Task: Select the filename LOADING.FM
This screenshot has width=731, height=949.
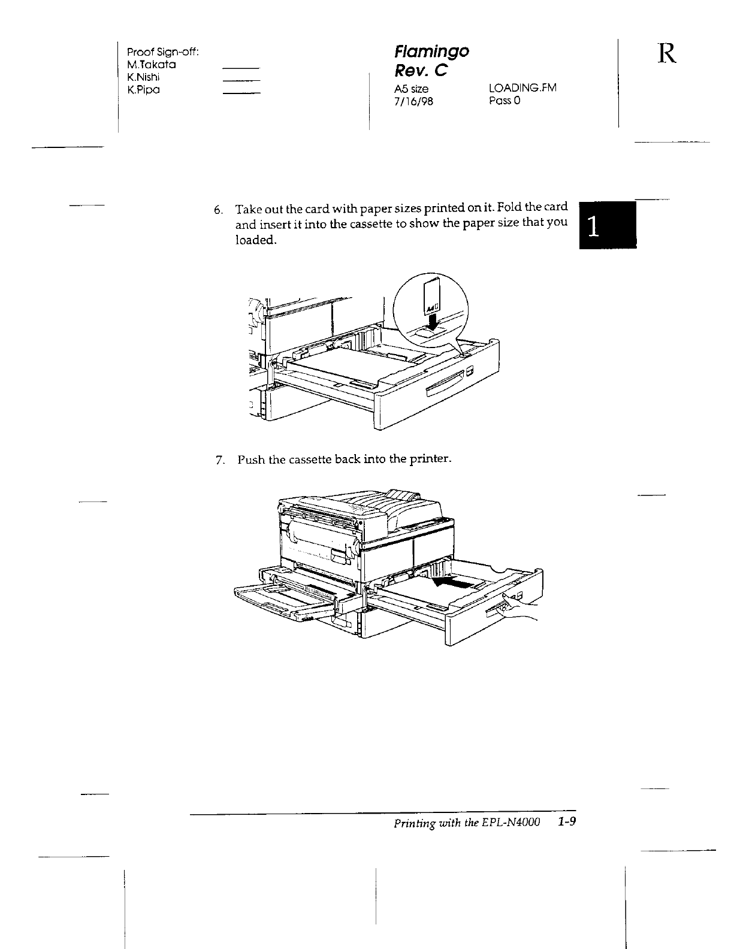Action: click(522, 88)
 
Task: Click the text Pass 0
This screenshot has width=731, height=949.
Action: click(505, 101)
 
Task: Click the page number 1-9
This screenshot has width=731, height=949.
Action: click(566, 821)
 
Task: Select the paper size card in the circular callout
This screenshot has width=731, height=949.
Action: click(431, 298)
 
